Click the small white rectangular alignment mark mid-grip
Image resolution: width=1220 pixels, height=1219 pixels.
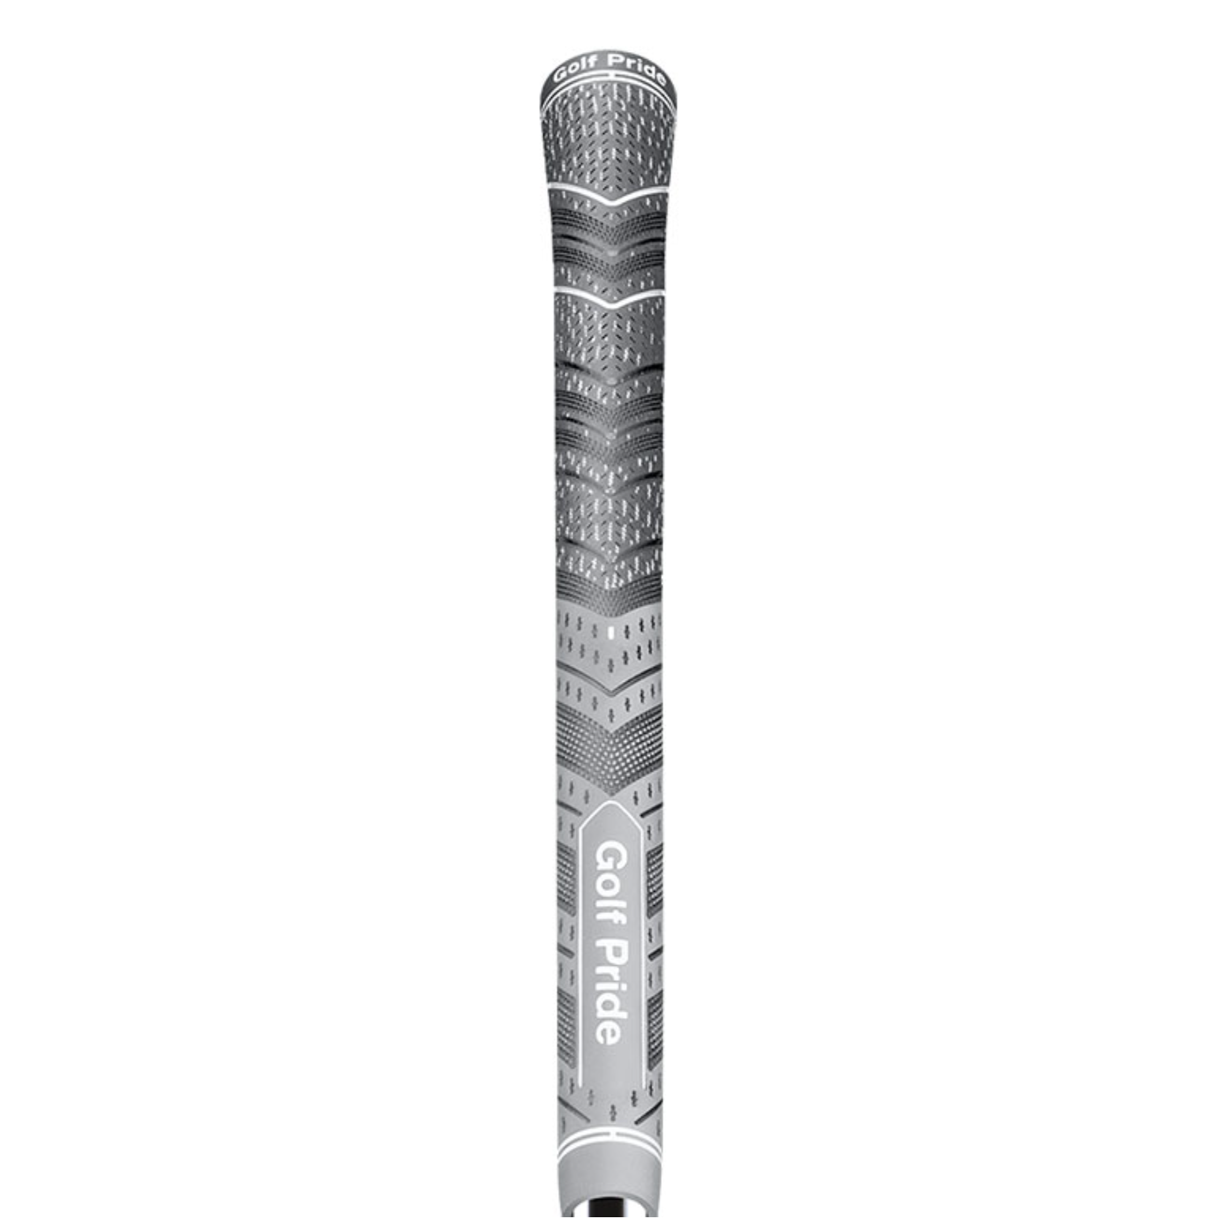610,632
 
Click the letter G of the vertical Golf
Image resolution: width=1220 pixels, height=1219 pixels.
610,856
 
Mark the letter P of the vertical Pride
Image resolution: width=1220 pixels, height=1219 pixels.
610,954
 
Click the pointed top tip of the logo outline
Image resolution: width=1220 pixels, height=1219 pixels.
610,802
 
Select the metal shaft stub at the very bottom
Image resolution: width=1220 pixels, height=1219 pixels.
610,1210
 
